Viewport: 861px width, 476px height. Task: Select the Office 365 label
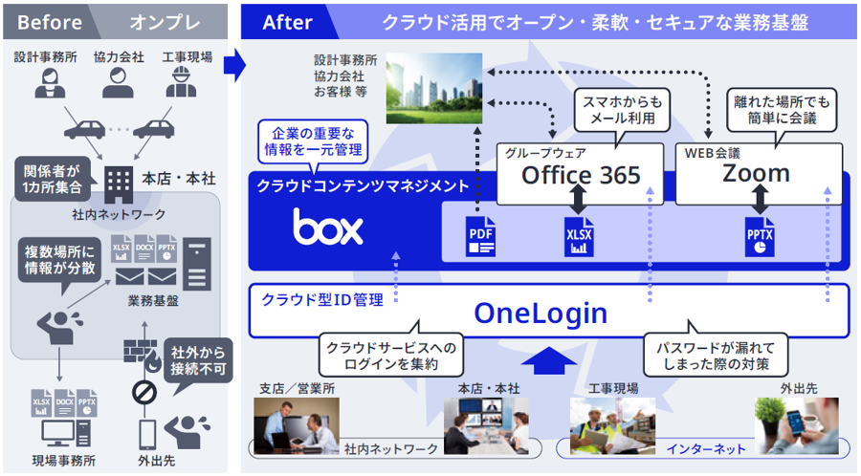point(581,174)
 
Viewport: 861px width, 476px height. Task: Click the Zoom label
point(756,173)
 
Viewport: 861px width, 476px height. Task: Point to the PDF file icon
point(480,235)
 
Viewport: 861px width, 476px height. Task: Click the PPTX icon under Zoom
point(762,235)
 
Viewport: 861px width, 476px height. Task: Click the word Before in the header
point(50,22)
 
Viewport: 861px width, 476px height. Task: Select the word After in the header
point(287,22)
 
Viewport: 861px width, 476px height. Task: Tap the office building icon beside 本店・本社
point(119,180)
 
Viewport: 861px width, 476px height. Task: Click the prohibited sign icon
point(143,393)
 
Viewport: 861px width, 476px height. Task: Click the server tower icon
point(195,264)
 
